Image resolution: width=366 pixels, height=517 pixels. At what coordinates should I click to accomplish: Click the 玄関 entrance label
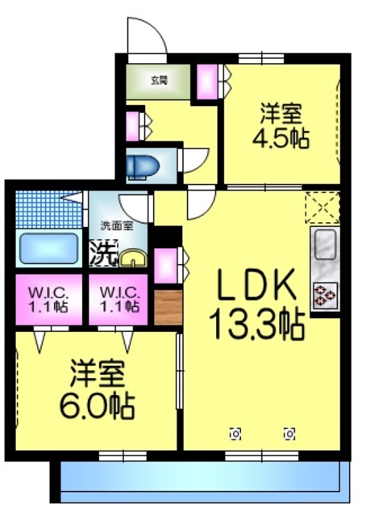click(157, 80)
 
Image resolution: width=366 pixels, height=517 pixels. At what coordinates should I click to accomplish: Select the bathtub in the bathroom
click(48, 249)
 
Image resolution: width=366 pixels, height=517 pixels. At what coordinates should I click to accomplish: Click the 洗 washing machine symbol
click(103, 254)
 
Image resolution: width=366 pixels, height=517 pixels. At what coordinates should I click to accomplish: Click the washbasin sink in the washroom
click(131, 258)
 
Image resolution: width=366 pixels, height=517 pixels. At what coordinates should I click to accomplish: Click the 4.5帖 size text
click(281, 138)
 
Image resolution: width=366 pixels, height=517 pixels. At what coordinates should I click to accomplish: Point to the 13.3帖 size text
click(256, 326)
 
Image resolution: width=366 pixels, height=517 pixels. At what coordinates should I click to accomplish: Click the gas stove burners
click(326, 296)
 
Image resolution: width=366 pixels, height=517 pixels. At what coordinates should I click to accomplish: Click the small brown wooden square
click(168, 306)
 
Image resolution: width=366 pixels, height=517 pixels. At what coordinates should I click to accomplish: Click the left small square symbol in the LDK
click(235, 432)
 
